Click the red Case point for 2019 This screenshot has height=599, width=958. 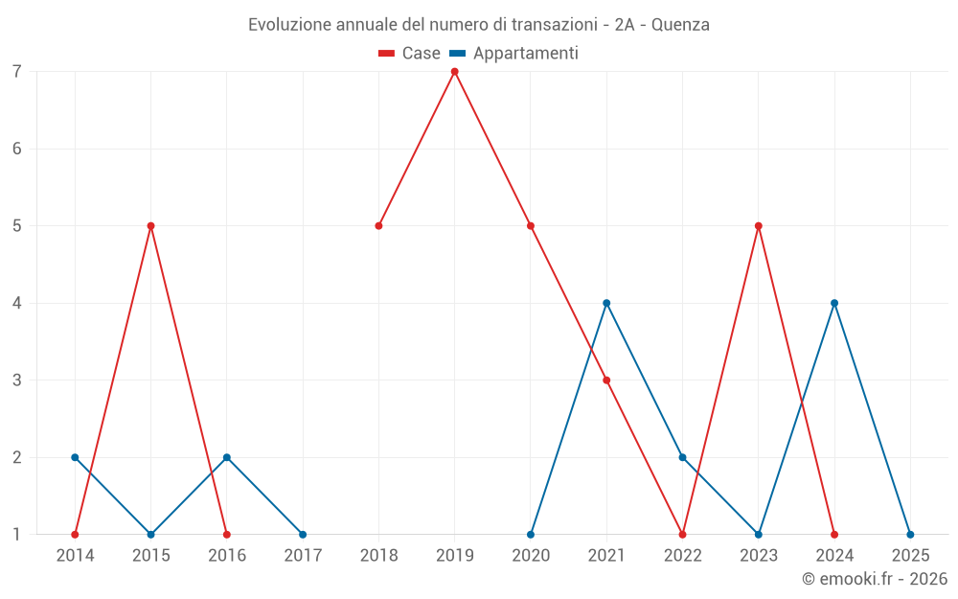tap(454, 71)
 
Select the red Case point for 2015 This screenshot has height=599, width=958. tap(150, 226)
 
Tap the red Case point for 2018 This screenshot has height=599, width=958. tap(378, 226)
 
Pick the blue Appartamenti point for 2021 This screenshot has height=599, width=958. tap(606, 303)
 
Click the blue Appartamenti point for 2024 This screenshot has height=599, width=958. tap(834, 303)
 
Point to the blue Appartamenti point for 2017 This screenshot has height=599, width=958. tap(303, 534)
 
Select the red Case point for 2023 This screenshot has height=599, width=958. tap(759, 226)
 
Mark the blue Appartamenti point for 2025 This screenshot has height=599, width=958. tap(910, 534)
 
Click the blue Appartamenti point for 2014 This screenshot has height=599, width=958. tap(75, 457)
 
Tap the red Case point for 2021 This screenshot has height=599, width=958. tap(606, 380)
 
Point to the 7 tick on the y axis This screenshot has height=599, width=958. tap(17, 72)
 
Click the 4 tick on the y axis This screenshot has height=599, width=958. tap(17, 304)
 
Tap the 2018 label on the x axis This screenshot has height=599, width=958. tap(378, 555)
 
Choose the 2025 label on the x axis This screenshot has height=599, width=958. tap(910, 555)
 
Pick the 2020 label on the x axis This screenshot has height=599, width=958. tap(531, 555)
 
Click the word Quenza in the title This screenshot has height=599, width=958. tap(680, 25)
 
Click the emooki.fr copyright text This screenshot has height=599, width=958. tap(875, 579)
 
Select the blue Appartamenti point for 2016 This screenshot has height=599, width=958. tap(226, 457)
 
